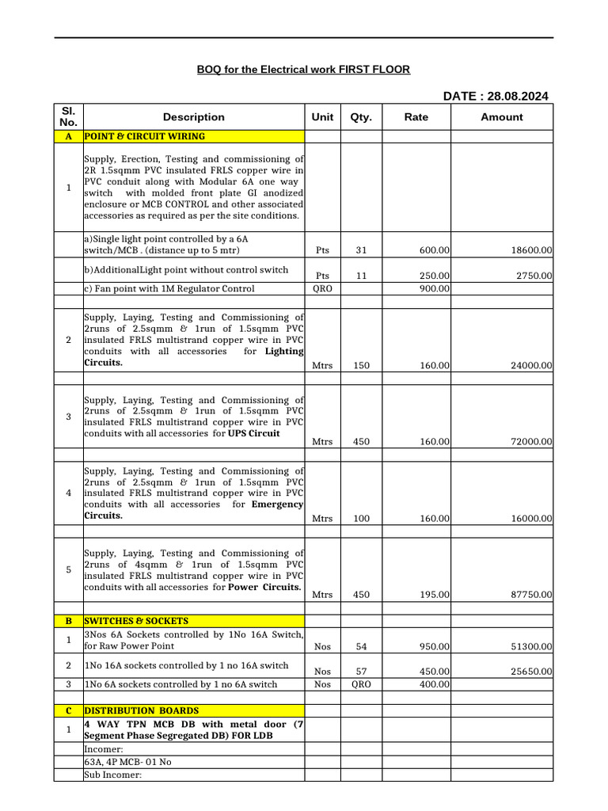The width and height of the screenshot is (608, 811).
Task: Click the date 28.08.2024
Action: [x=518, y=97]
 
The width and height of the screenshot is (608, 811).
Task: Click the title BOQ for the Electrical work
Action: [x=303, y=70]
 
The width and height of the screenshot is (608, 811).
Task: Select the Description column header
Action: [x=194, y=117]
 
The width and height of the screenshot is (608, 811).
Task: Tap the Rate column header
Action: [x=416, y=117]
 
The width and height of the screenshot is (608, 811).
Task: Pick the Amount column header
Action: [x=502, y=117]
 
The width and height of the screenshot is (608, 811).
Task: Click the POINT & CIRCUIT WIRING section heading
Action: [x=144, y=136]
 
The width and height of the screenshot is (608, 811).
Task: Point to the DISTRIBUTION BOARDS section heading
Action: [x=142, y=710]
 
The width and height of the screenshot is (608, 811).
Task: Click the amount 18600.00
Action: [x=529, y=250]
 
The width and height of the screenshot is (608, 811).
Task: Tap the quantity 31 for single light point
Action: [x=361, y=250]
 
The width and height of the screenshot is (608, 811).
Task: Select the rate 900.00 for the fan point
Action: [x=435, y=289]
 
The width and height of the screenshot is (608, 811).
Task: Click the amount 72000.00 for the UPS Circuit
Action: [x=529, y=442]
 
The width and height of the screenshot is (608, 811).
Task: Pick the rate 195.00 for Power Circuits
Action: [x=435, y=595]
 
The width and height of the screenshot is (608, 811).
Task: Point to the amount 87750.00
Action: [x=529, y=595]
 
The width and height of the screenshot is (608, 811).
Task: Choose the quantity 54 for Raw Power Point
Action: [x=361, y=647]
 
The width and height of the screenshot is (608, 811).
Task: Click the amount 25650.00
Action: [x=529, y=672]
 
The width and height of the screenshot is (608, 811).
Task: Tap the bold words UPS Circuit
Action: [x=253, y=433]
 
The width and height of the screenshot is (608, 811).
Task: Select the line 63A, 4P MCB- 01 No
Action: [x=127, y=762]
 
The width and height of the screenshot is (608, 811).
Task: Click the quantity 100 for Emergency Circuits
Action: [x=361, y=519]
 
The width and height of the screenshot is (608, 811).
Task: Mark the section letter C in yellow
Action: [x=68, y=710]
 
